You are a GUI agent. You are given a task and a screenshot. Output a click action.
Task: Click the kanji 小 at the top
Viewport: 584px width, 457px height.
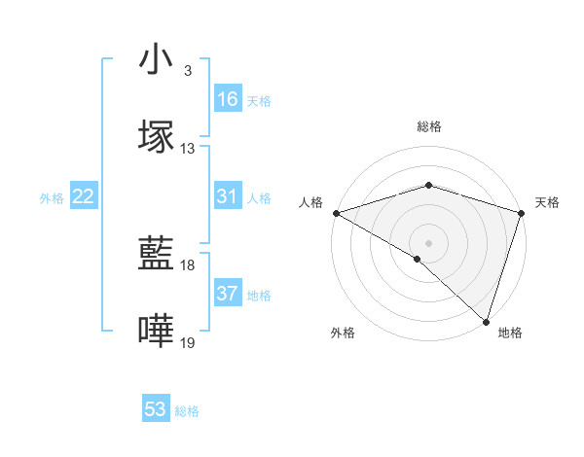point(156,60)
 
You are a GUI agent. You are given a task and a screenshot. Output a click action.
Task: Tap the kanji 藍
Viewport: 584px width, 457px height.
point(156,255)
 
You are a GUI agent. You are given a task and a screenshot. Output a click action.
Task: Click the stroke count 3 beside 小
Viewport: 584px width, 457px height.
point(187,71)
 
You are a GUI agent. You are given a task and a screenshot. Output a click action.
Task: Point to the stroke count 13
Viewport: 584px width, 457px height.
point(188,149)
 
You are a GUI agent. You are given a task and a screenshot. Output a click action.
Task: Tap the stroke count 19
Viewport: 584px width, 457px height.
point(188,343)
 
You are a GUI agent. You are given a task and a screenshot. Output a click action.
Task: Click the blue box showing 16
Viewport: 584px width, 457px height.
point(228,99)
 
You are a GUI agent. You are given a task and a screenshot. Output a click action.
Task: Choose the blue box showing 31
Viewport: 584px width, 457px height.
point(228,196)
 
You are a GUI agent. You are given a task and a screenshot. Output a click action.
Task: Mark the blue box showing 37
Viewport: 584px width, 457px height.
point(228,294)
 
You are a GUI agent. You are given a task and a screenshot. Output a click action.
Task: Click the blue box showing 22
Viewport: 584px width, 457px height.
point(84,196)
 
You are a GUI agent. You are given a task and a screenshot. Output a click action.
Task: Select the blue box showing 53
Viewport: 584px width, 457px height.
point(156,409)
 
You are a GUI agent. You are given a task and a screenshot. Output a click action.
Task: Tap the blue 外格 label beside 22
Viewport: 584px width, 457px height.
point(52,198)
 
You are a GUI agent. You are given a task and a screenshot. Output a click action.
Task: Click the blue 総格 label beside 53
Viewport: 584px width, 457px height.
point(187,411)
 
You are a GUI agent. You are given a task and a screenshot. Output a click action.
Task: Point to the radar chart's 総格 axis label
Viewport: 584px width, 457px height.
point(429,126)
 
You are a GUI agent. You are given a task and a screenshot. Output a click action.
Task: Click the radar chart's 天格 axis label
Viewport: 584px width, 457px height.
point(548,202)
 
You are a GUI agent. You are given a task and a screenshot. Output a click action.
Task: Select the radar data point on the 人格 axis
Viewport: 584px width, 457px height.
point(336,213)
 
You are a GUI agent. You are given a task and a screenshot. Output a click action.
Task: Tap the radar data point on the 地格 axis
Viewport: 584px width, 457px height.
point(486,322)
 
